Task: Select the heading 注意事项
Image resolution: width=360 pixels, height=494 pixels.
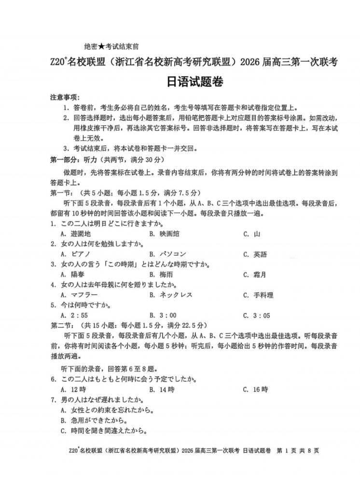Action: (66, 98)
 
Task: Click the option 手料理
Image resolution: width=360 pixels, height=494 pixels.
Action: (263, 295)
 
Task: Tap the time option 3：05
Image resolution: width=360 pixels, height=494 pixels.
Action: (261, 316)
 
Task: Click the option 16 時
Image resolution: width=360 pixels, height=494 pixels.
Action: (261, 389)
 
